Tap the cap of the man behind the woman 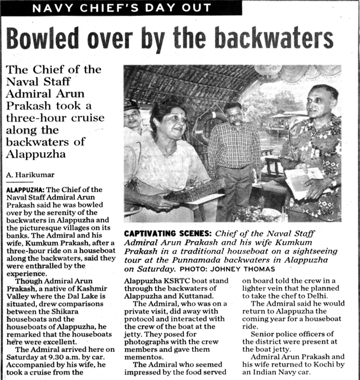pyautogui.click(x=131, y=105)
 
